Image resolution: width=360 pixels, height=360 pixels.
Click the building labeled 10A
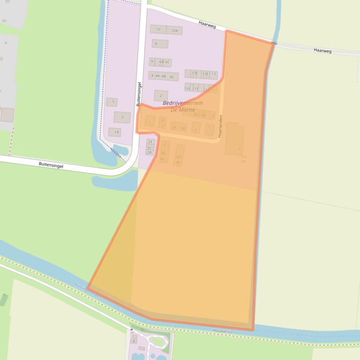(174, 30)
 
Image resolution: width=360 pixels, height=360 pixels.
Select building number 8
(160, 44)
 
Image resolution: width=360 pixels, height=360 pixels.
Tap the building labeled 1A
(115, 132)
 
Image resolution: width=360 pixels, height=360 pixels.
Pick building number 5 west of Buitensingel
(111, 102)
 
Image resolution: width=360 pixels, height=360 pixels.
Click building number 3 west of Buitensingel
(122, 117)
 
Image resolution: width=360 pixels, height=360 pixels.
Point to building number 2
(161, 96)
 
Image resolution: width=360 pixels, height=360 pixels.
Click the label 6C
(168, 62)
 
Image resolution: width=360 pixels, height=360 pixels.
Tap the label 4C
(172, 77)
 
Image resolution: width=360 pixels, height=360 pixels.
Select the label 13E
(195, 73)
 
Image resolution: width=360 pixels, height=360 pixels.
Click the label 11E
(187, 88)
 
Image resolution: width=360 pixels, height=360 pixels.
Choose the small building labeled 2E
(150, 142)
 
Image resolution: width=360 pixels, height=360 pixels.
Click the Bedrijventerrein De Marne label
(183, 106)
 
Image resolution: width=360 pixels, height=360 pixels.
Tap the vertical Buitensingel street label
(139, 94)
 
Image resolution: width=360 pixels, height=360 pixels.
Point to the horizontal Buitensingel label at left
(51, 165)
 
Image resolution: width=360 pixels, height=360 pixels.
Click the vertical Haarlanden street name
(220, 125)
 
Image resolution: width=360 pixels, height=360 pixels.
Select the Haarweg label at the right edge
(323, 50)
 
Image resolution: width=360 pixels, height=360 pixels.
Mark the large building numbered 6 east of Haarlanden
(235, 139)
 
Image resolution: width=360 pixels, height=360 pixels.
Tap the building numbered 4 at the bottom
(133, 342)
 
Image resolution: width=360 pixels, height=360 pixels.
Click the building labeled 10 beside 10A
(158, 29)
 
